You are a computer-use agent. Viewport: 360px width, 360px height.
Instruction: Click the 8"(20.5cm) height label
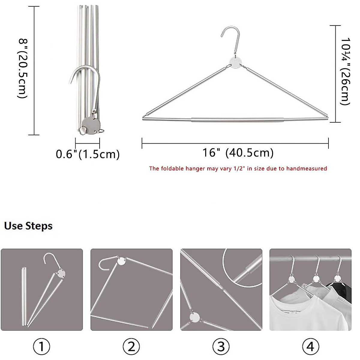coord(23,68)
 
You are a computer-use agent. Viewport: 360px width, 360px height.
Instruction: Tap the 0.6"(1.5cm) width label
coord(88,154)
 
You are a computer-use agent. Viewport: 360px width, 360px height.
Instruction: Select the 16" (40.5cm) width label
coord(238,153)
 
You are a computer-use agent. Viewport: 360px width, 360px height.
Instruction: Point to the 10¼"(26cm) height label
coord(345,71)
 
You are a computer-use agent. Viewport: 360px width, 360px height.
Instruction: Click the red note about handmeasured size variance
coord(238,169)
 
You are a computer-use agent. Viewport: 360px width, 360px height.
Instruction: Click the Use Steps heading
coord(28,226)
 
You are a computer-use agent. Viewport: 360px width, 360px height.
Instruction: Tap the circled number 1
coord(41,346)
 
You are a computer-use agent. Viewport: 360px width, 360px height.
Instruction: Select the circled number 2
coord(131,346)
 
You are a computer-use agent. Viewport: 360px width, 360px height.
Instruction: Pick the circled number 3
coord(221,346)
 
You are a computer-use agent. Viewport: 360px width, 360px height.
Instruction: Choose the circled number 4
coord(310,346)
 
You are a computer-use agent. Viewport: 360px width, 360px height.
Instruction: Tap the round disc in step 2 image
coord(121,261)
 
